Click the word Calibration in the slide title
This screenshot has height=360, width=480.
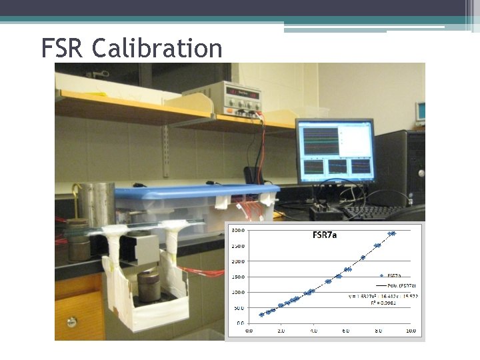coord(157,48)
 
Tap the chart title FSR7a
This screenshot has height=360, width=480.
coord(328,235)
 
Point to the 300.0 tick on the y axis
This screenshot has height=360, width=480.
coord(237,230)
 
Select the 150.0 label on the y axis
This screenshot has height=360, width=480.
coord(237,277)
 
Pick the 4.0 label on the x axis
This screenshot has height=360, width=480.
coord(313,330)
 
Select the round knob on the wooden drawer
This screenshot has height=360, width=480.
coord(71,322)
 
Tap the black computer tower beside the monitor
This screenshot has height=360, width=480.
coord(404,167)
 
